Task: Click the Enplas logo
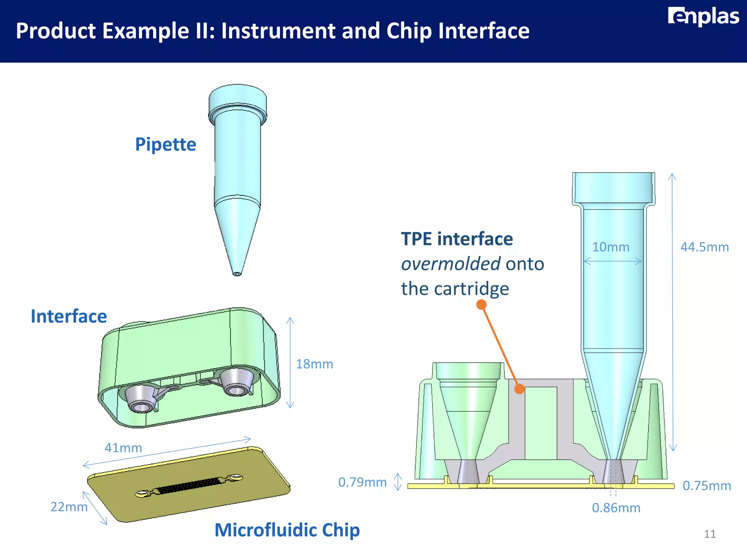(x=703, y=16)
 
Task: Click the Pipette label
(x=166, y=144)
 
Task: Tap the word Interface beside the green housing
(x=69, y=316)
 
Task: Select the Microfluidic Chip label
(x=287, y=530)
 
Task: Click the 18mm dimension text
(x=314, y=364)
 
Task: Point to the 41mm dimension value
(x=123, y=448)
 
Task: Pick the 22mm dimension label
(x=69, y=507)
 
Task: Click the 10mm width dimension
(x=611, y=247)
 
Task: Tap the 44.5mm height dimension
(x=704, y=247)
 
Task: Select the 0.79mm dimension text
(x=362, y=482)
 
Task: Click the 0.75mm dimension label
(x=707, y=486)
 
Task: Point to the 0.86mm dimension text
(x=616, y=508)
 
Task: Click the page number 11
(x=709, y=534)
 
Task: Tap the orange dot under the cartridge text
(x=481, y=304)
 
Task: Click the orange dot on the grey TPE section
(x=519, y=389)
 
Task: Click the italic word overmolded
(x=450, y=264)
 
